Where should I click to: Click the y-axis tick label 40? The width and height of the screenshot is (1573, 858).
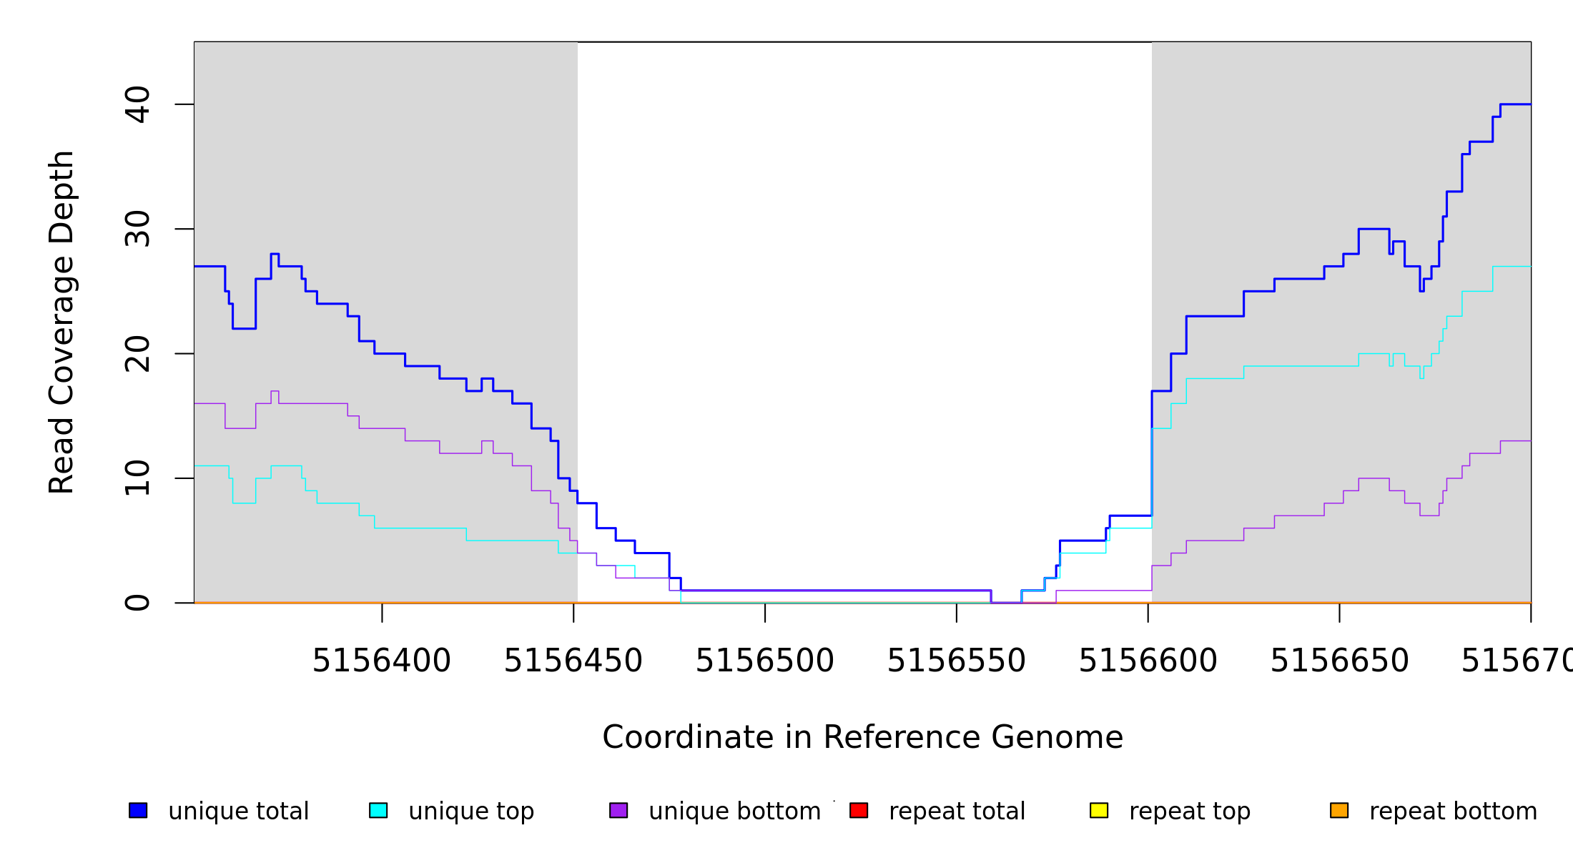(137, 104)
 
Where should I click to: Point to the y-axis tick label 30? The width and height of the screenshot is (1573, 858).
(137, 229)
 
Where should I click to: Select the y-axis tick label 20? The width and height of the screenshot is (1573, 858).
(137, 354)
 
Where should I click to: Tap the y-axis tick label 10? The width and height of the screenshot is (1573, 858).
(137, 478)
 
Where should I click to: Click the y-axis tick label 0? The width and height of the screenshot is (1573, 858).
(137, 603)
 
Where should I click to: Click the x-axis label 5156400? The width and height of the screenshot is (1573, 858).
(382, 661)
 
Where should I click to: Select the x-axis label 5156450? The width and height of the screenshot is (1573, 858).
(573, 661)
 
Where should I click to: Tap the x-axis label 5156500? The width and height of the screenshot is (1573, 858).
(765, 661)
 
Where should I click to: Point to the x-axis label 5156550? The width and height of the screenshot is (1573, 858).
(957, 661)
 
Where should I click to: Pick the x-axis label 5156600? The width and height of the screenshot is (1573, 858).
(1148, 661)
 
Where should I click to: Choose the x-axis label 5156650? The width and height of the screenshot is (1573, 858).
(1339, 661)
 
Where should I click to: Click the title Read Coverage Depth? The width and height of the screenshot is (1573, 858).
(61, 322)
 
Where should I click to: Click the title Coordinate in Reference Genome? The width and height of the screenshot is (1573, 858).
(862, 737)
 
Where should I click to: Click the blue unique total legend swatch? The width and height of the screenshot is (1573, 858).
(138, 810)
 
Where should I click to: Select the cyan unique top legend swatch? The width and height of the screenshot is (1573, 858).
(378, 810)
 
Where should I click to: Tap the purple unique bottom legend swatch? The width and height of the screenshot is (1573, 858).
(618, 810)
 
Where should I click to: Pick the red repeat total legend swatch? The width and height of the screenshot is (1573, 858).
(859, 810)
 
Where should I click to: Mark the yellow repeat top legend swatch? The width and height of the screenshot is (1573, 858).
(1099, 810)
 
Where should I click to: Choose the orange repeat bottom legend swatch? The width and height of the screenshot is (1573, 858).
(1339, 810)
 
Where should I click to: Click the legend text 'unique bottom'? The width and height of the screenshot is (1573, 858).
(734, 812)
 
